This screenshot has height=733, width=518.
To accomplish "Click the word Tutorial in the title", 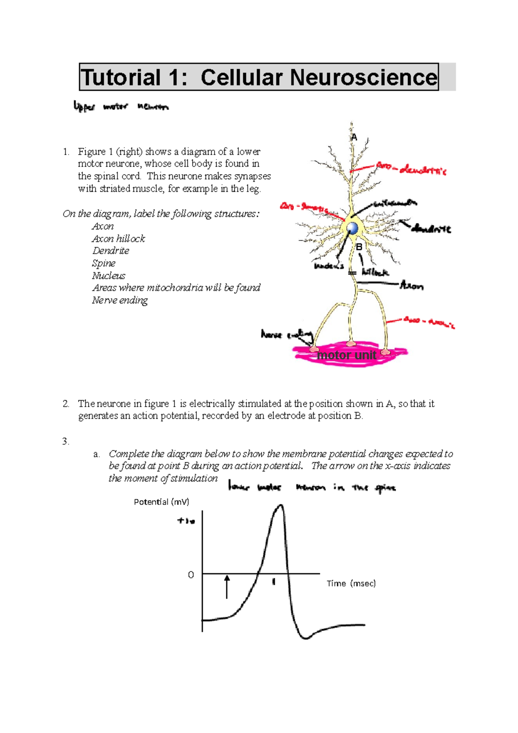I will [x=121, y=78].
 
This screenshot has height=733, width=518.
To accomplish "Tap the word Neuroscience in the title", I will [x=363, y=78].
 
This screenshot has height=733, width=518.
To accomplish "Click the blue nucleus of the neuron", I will [x=353, y=228].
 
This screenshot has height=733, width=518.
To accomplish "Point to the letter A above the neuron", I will [x=354, y=138].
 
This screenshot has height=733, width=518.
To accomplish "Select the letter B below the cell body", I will [x=359, y=247].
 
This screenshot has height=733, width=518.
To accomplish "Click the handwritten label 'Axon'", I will [x=412, y=286].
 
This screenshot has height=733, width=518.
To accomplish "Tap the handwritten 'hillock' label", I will [x=375, y=272].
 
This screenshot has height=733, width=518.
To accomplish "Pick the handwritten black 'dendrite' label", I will [x=431, y=229].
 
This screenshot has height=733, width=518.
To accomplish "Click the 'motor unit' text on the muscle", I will [x=347, y=355].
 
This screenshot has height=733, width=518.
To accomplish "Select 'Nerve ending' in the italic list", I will [x=120, y=300].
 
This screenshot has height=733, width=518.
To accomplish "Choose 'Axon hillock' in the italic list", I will [x=118, y=239].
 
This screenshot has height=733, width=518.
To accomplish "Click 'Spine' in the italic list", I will [x=104, y=263].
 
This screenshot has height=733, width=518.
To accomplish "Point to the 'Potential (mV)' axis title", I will [x=161, y=502].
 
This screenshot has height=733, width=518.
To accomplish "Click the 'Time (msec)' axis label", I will [x=351, y=583].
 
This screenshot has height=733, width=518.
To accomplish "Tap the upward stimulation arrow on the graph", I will [x=227, y=586].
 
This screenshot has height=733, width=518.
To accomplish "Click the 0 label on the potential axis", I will [x=191, y=575].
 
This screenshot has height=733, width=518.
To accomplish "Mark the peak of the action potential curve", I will [x=281, y=505].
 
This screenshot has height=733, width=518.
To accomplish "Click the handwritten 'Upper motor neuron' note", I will [x=121, y=106].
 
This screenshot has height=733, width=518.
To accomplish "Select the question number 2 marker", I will [x=66, y=404].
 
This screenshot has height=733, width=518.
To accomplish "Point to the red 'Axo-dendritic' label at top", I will [x=411, y=169].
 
